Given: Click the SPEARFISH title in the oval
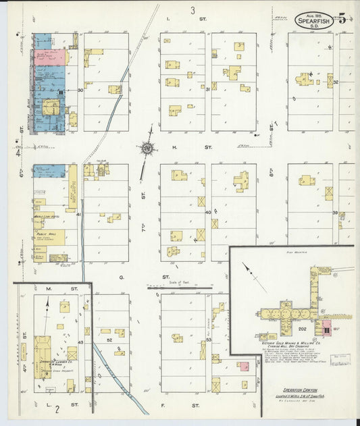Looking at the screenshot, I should coord(317,20).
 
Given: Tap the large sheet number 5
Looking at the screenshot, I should coord(342,18).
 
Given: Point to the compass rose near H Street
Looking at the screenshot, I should coord(146,148).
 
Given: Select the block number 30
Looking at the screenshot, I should coord(80,89).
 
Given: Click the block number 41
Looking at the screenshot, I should coord(79,214).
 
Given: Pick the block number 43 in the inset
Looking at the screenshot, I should coord(80,342).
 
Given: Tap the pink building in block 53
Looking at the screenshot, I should coord(242,367).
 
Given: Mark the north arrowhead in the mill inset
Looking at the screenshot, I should coord(244,267).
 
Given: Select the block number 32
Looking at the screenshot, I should coord(334,82).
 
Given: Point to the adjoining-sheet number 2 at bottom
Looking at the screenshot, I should coord(57,408).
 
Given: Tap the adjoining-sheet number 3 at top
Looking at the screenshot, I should coord(192,10).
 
